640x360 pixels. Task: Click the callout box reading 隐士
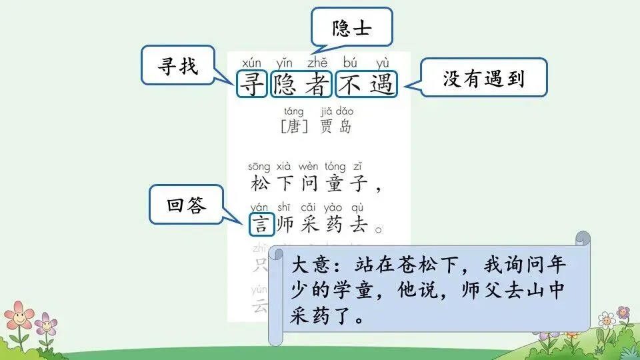(352, 27)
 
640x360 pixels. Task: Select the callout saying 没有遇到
(483, 79)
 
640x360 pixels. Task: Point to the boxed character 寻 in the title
(252, 85)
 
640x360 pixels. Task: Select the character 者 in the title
(317, 85)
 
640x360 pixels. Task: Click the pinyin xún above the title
(252, 63)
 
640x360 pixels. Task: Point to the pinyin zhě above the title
(317, 63)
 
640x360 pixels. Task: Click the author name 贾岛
(336, 126)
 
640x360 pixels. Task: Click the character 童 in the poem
(335, 183)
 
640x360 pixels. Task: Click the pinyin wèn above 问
(308, 166)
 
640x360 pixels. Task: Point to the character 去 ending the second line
(360, 225)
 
